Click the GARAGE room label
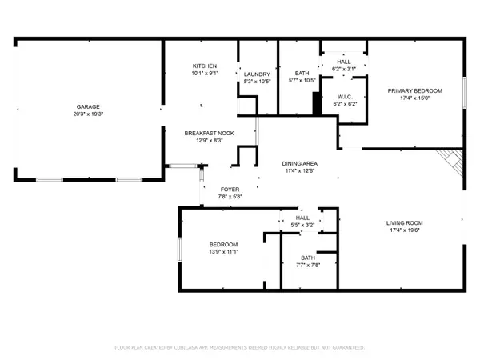(x=87, y=106)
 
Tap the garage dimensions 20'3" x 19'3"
(x=87, y=114)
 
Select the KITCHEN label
(x=205, y=66)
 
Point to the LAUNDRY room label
(x=257, y=74)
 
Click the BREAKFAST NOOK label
(x=202, y=133)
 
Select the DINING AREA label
(x=299, y=163)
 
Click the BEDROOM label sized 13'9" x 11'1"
(x=223, y=244)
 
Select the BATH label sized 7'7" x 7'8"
(x=308, y=257)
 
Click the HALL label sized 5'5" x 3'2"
(x=302, y=217)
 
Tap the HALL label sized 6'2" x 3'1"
(x=343, y=61)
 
